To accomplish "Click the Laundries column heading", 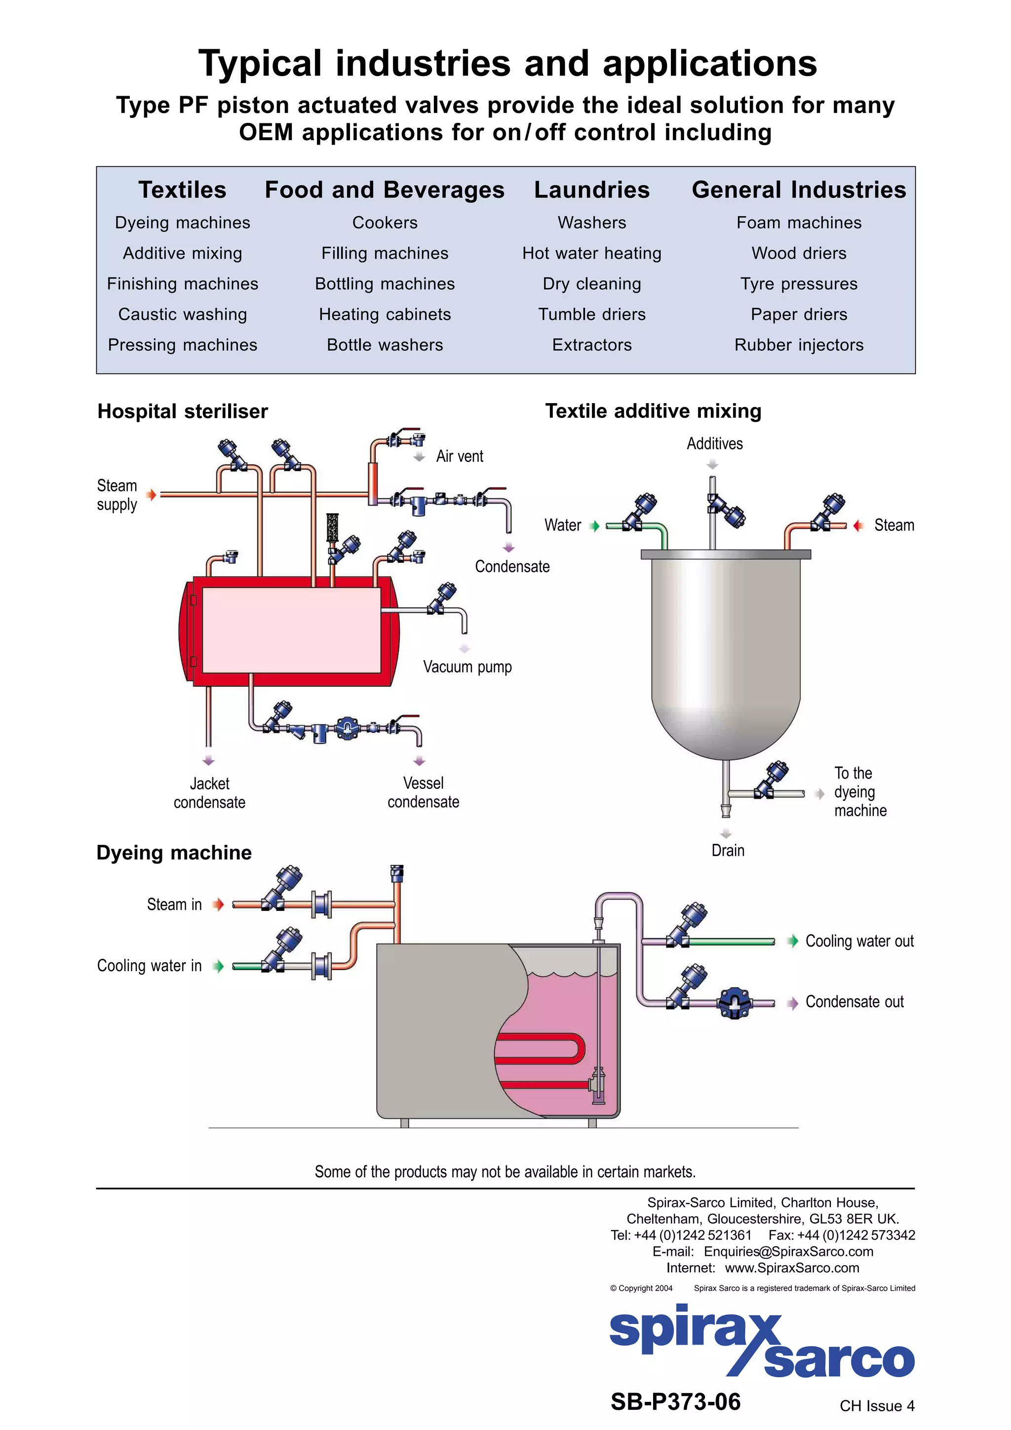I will (591, 190).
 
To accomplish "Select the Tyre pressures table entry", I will (799, 284).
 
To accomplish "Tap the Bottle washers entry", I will (385, 345).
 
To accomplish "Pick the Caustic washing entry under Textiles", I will (183, 314).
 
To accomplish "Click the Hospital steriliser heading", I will (183, 412).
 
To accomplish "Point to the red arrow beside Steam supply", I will (151, 495).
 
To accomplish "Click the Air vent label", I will (459, 456).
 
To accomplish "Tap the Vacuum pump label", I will (467, 667).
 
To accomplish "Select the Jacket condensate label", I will (209, 793).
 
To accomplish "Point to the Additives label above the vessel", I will (714, 444).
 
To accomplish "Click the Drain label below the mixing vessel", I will (728, 851).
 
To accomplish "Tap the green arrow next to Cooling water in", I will (218, 967).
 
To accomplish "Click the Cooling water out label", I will (859, 941).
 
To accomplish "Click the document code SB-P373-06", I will (675, 1402).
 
